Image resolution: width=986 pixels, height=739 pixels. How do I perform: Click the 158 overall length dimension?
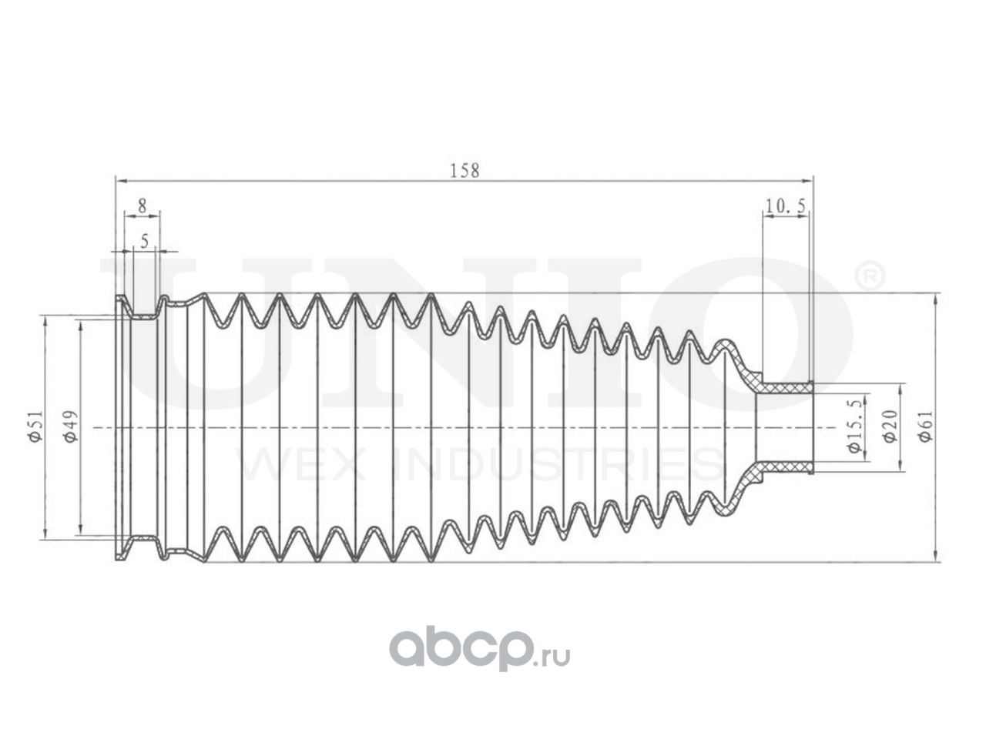tap(464, 170)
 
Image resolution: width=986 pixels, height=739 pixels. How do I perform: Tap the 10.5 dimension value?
tap(786, 206)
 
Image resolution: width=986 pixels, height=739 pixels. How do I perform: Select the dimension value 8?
tap(142, 206)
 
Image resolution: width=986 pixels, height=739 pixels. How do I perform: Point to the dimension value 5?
tap(144, 241)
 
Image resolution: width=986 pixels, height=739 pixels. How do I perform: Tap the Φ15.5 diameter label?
tap(854, 434)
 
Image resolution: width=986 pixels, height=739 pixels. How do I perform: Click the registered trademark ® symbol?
tap(870, 276)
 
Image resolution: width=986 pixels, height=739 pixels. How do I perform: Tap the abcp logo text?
tap(461, 650)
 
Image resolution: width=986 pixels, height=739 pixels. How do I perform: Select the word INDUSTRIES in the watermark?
tap(555, 463)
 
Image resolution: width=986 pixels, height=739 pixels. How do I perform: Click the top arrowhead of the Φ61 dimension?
tap(935, 296)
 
